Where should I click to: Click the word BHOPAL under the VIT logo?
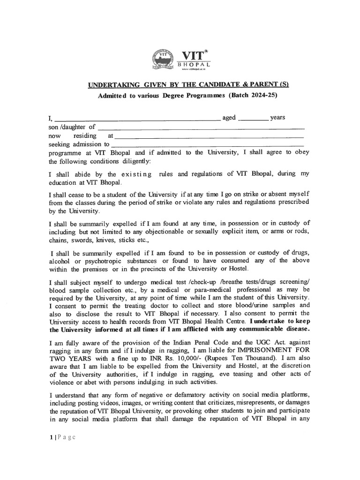click(195, 63)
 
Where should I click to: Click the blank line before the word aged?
click(138, 120)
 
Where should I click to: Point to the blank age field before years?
click(253, 120)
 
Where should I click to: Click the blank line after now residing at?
click(209, 137)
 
